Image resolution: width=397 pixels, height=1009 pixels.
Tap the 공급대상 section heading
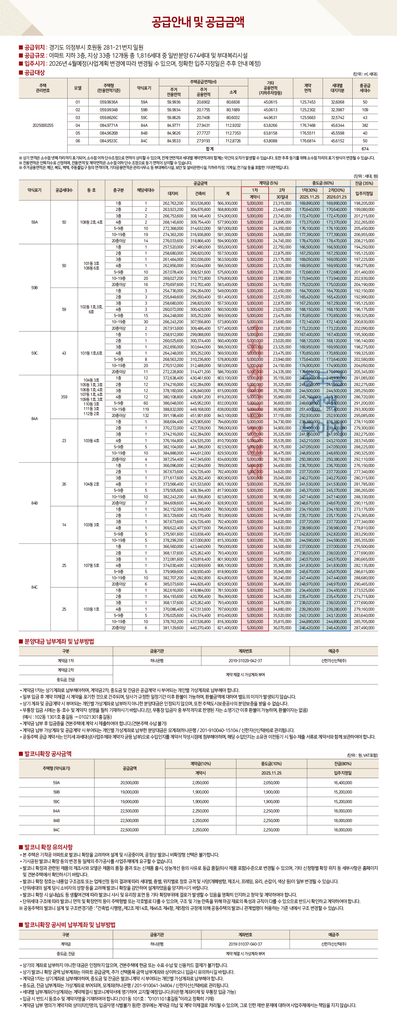coord(34,72)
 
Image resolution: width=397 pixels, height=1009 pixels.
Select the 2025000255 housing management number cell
coord(43,125)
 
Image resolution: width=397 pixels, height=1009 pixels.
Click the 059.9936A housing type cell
coord(109,102)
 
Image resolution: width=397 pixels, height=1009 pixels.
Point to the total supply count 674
coord(365,149)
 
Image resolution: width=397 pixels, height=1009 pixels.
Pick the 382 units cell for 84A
coord(365,125)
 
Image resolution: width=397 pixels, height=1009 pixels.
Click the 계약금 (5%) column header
coord(268,183)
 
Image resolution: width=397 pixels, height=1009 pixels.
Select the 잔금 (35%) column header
coord(364,183)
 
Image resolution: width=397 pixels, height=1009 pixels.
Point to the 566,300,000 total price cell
coord(227,203)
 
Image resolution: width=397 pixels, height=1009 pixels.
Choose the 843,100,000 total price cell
coord(227,416)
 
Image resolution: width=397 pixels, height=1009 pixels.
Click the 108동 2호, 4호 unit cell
coord(91,222)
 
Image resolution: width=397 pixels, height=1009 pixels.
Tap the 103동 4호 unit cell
coord(91,441)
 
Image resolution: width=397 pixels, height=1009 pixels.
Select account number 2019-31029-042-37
coord(245,661)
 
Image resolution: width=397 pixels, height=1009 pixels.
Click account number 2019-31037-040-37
coord(245,944)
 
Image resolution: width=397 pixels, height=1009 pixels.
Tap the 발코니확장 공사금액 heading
coord(47,754)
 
